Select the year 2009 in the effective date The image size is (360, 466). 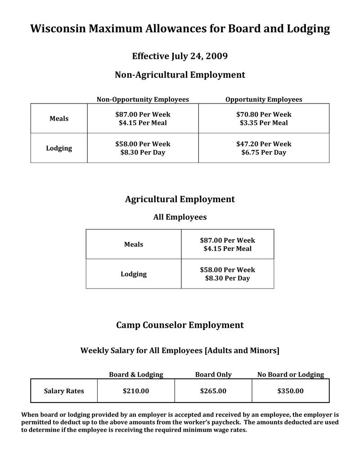click(216, 56)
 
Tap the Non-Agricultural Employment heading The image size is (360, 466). click(180, 75)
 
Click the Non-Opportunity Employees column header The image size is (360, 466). click(143, 100)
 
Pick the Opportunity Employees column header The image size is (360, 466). click(264, 100)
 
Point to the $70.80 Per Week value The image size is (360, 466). click(264, 114)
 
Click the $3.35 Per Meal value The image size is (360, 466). click(264, 123)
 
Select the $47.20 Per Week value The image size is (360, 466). click(264, 144)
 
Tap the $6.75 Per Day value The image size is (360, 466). click(264, 153)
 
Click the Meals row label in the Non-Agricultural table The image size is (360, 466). click(59, 118)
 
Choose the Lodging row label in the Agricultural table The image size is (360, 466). click(134, 274)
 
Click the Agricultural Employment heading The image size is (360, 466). click(180, 199)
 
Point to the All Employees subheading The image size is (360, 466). click(180, 217)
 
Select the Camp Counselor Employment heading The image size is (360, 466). click(180, 325)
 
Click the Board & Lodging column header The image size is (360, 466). click(136, 375)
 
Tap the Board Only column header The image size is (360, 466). click(213, 375)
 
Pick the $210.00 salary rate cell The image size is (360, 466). click(136, 391)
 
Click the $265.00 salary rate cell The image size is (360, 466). click(213, 391)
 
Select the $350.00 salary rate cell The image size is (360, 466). click(291, 391)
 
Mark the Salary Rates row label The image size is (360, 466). click(64, 391)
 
